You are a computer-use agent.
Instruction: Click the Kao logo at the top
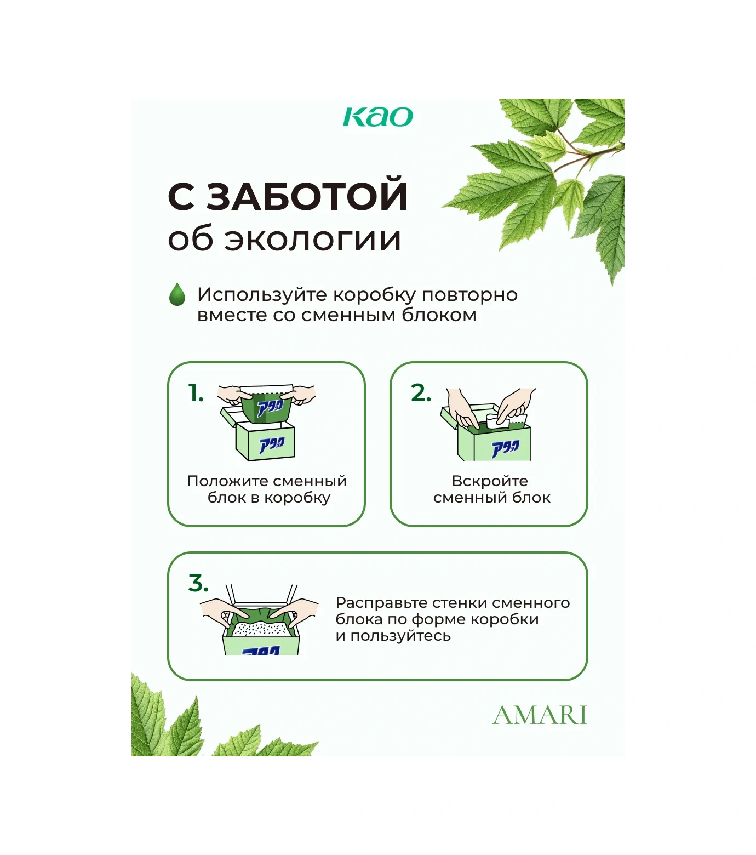[x=377, y=117]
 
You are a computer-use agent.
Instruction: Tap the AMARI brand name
[x=540, y=715]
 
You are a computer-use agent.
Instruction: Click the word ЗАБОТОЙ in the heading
[x=307, y=196]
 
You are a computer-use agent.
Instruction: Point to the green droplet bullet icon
[x=177, y=294]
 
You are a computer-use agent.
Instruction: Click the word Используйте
[x=263, y=295]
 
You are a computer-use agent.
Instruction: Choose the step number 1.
[x=196, y=393]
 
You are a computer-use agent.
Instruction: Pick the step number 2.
[x=421, y=393]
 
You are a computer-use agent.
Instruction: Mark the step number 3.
[x=198, y=583]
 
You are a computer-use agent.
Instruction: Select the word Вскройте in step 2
[x=490, y=481]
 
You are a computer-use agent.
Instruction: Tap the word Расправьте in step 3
[x=381, y=603]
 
